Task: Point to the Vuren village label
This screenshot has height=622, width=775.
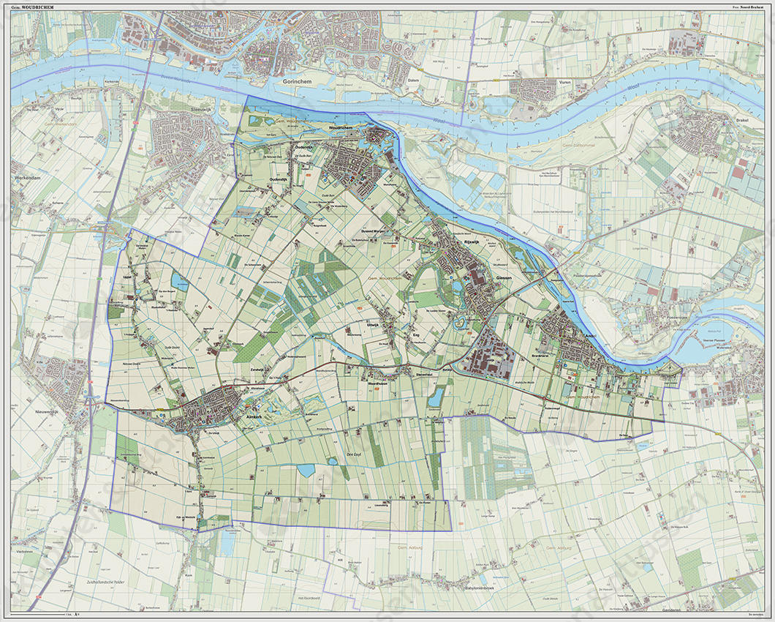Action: pos(563,83)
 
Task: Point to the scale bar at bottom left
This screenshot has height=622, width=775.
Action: pos(58,615)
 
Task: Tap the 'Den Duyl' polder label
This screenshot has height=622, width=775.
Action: pos(355,454)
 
